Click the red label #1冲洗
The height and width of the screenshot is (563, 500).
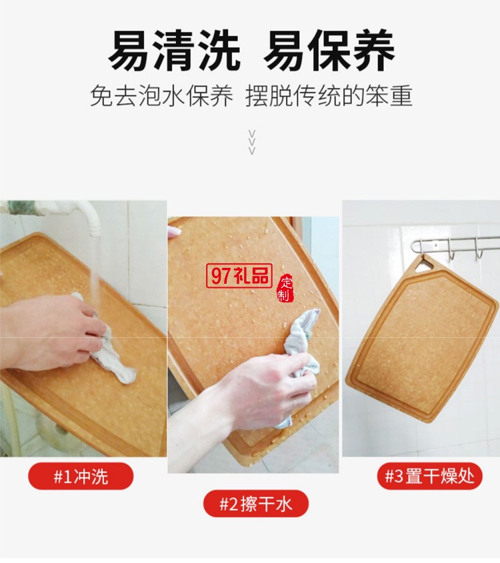[x=81, y=476]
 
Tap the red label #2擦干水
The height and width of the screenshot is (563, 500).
[x=256, y=504]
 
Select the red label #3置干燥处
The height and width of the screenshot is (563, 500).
[x=429, y=476]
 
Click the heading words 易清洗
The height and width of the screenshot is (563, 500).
[x=175, y=51]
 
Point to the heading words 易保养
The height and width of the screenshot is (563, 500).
[x=329, y=51]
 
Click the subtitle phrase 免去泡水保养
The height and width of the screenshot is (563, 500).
[x=162, y=96]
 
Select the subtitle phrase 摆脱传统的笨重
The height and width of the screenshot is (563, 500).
[x=329, y=96]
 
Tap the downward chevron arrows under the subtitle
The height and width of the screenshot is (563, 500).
[x=252, y=141]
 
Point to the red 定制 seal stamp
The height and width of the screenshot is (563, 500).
[x=285, y=288]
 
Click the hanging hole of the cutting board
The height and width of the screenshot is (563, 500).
[x=422, y=265]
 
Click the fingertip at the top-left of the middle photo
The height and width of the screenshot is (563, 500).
[x=174, y=232]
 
